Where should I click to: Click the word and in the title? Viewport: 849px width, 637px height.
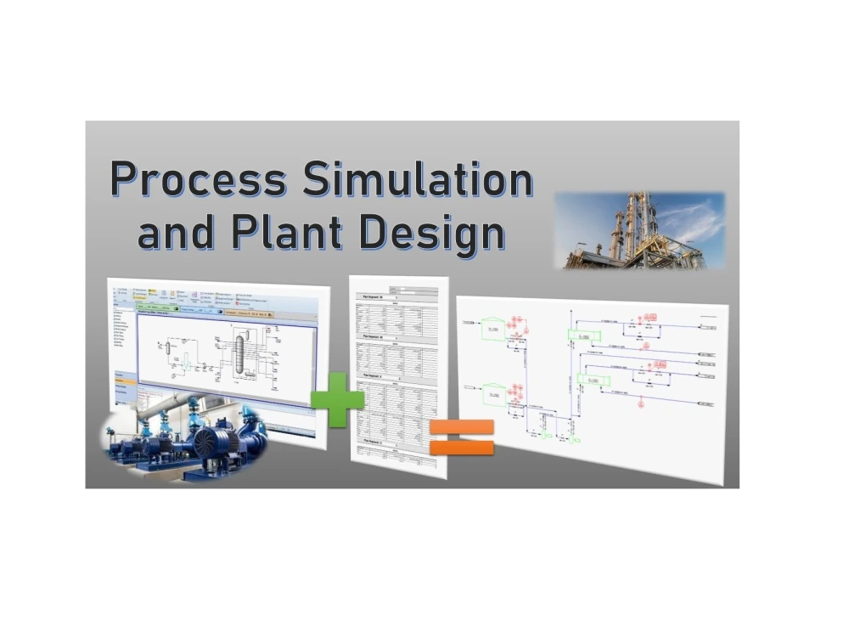coord(172,233)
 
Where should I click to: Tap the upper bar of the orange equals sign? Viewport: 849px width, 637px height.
coord(462,426)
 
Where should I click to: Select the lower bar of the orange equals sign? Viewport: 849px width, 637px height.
coord(462,446)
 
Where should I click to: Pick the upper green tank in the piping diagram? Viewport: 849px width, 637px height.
coord(491,327)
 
